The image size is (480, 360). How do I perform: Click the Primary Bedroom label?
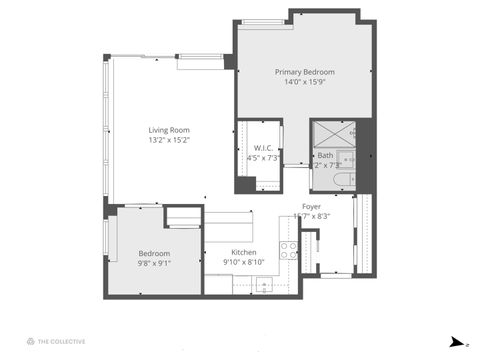tap(304, 72)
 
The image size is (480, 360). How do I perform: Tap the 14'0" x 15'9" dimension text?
tap(304, 83)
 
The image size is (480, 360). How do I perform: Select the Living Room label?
tap(169, 130)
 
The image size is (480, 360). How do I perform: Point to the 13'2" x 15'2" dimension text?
tap(169, 141)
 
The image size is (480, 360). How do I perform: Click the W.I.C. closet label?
tap(258, 149)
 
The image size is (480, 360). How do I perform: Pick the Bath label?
tap(326, 155)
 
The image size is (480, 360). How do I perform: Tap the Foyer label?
tap(311, 207)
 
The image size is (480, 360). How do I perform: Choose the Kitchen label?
tap(244, 252)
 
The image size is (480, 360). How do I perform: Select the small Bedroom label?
tap(153, 253)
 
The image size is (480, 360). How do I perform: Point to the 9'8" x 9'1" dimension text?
tap(153, 264)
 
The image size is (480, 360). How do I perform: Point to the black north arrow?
tap(457, 341)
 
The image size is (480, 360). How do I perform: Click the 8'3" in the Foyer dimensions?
tap(322, 216)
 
